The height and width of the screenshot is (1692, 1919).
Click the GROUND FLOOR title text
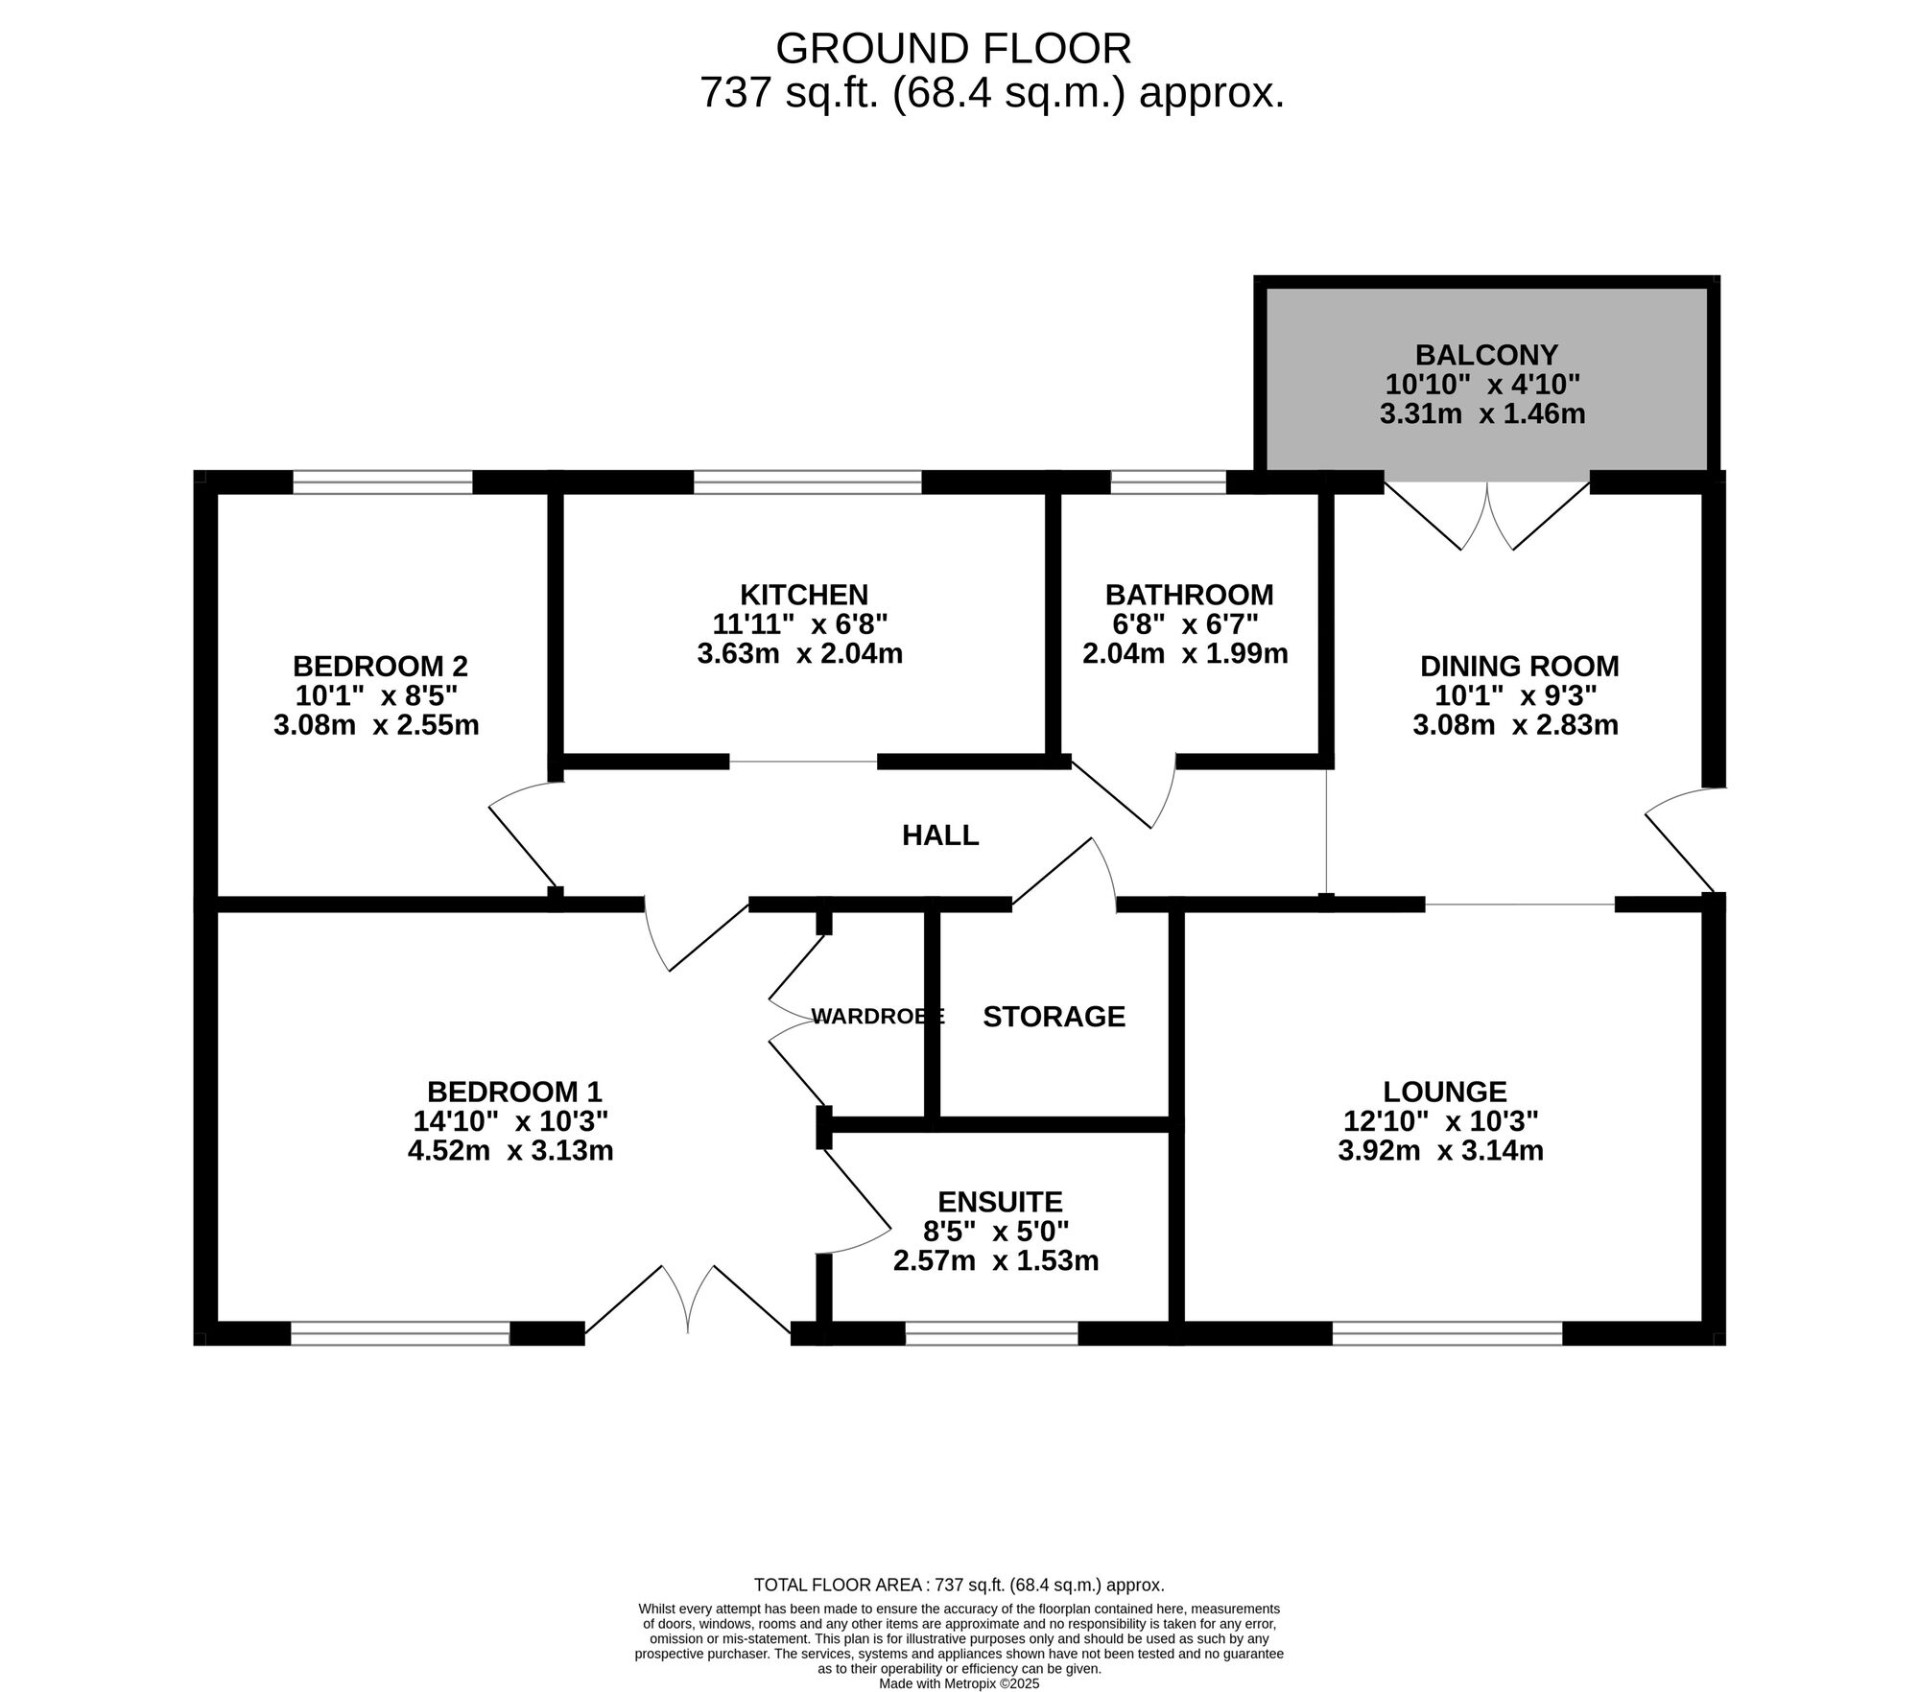pos(953,48)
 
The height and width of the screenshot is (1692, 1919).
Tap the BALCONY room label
pos(1486,355)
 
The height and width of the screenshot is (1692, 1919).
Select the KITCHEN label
pos(803,595)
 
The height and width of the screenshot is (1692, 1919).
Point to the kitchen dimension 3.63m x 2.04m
pos(799,654)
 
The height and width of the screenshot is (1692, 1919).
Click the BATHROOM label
pos(1189,595)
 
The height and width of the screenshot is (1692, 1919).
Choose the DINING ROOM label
pos(1519,666)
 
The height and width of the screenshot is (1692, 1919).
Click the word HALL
pos(940,835)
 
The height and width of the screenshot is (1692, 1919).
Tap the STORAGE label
pos(1054,1017)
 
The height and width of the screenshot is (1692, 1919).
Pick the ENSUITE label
pos(1000,1202)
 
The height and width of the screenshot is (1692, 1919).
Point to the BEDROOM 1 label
pos(514,1092)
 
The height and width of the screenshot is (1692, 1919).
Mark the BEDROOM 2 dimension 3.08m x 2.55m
pos(376,725)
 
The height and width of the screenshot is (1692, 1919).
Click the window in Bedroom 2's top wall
pos(383,482)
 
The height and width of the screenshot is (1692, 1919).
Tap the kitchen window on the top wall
pos(807,482)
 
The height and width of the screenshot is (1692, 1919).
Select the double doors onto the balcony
pos(1487,513)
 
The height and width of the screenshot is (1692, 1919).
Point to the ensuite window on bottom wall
pos(991,1332)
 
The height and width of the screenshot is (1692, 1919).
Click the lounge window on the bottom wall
pos(1447,1332)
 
